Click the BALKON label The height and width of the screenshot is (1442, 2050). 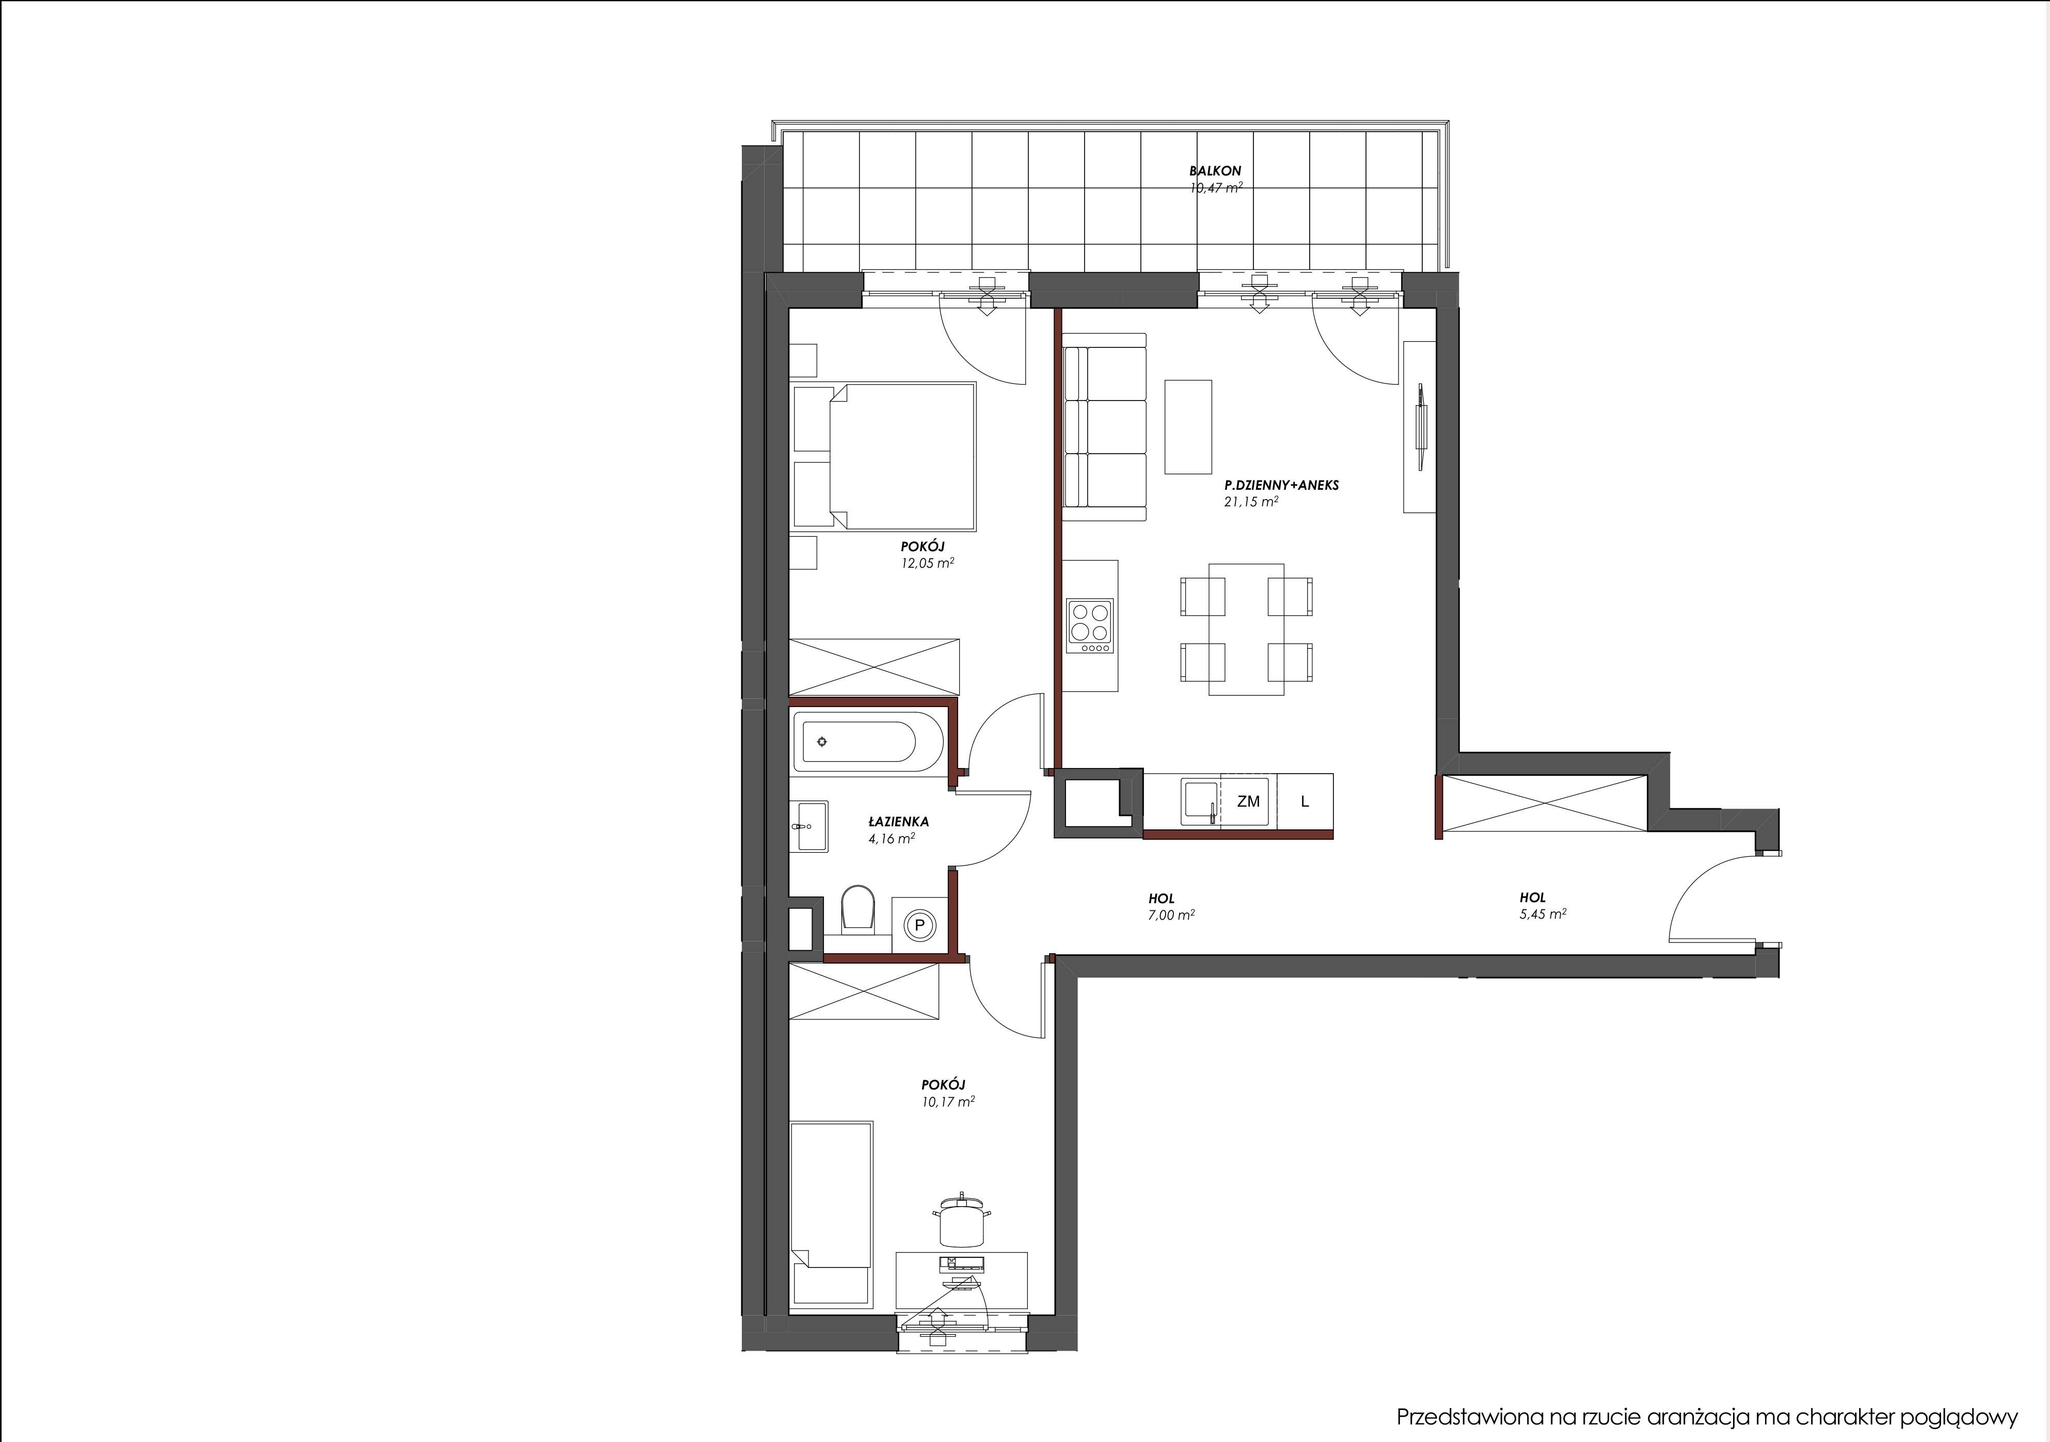[x=1215, y=170]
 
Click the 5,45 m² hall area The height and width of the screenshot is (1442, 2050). [x=1543, y=914]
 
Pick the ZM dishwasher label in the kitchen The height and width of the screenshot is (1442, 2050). [x=1248, y=802]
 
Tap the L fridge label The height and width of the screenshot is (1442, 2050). [x=1305, y=802]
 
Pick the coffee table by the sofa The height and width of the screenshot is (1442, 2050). [x=1187, y=427]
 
